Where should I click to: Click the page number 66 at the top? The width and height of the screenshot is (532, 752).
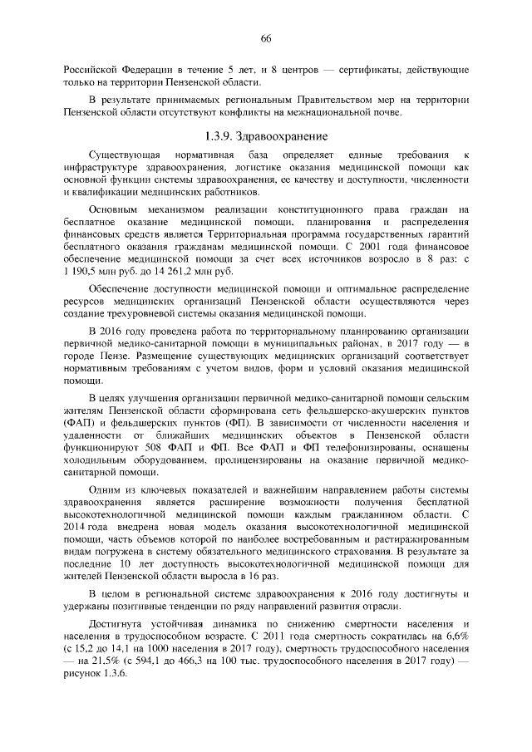pos(266,38)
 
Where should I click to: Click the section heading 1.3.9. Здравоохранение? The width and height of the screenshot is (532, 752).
pos(266,135)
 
